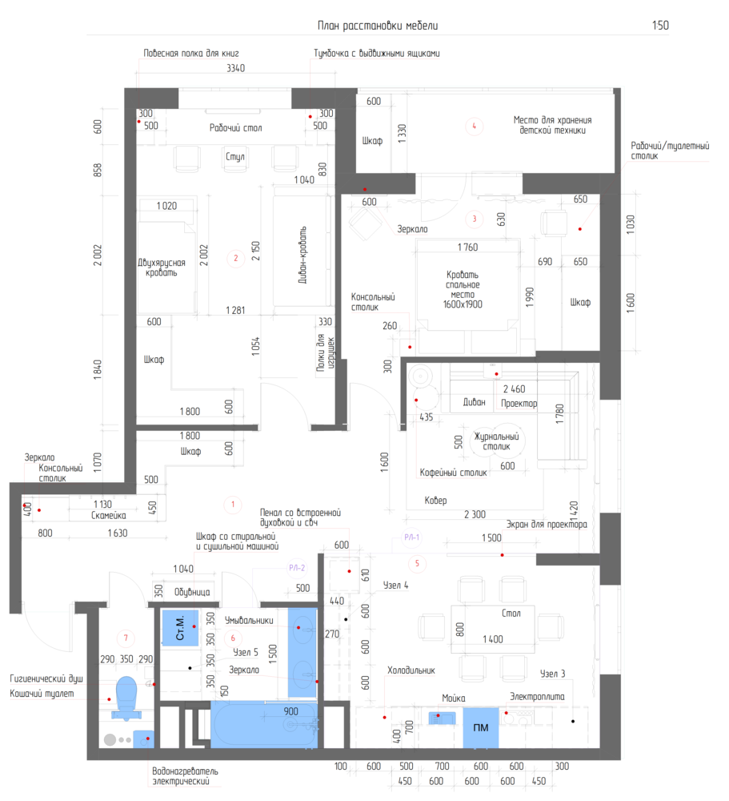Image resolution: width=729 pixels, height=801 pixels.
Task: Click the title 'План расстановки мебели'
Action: [x=378, y=26]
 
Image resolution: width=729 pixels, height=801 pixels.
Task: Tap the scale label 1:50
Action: [x=661, y=25]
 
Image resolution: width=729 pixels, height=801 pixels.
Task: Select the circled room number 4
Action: [x=475, y=126]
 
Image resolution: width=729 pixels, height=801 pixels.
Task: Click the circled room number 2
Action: [x=235, y=258]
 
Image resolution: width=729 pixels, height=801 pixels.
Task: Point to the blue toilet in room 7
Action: [x=126, y=698]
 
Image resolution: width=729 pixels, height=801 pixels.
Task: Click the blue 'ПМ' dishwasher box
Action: [x=481, y=727]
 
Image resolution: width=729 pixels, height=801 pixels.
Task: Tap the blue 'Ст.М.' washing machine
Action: [x=180, y=628]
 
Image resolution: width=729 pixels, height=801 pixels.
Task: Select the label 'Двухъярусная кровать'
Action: [x=162, y=268]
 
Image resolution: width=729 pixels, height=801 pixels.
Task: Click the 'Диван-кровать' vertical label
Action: [x=302, y=255]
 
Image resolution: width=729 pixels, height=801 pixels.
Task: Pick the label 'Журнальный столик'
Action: [x=496, y=441]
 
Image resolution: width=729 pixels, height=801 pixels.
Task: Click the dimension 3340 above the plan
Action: [x=236, y=68]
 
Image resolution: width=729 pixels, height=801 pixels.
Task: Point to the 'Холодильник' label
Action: [x=411, y=670]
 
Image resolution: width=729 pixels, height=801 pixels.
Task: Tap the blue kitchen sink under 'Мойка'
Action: [x=442, y=718]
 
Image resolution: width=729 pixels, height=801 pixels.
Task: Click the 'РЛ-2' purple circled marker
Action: [x=297, y=568]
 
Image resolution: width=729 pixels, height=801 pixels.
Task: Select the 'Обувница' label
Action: [x=192, y=592]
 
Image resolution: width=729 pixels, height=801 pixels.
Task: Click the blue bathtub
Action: [x=264, y=724]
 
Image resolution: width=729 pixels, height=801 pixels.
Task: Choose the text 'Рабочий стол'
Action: [x=235, y=127]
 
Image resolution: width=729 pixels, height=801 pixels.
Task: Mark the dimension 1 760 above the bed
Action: [x=467, y=248]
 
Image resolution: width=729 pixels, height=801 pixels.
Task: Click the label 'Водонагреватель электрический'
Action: [x=185, y=776]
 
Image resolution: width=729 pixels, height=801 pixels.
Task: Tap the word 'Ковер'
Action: [x=435, y=500]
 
